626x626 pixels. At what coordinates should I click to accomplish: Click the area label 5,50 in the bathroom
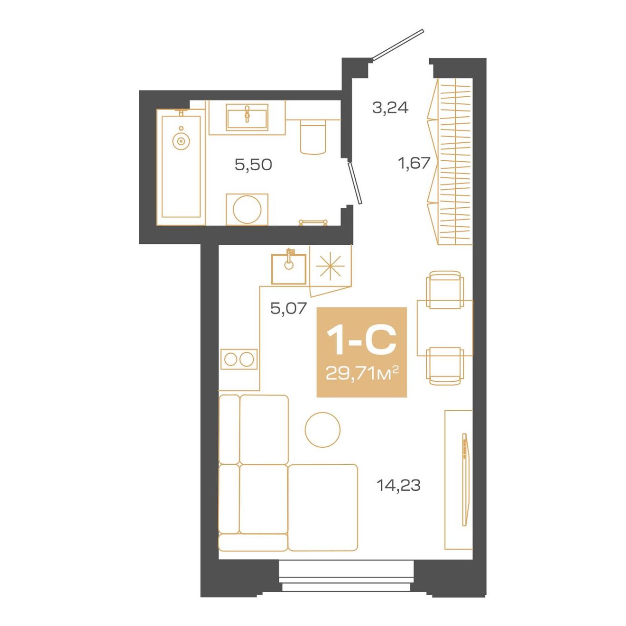tap(253, 165)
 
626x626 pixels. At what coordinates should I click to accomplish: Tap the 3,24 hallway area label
tap(390, 108)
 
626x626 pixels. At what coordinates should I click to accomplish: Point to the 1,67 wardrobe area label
tap(414, 163)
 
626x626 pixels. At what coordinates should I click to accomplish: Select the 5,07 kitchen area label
tap(288, 308)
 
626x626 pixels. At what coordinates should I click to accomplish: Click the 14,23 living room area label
tap(398, 485)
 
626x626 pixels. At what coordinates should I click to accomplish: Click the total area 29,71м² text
tap(361, 374)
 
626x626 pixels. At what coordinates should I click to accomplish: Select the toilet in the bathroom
tap(313, 137)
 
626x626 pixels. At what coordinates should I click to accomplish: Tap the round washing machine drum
tap(247, 209)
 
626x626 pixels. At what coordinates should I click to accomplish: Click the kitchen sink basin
tap(288, 269)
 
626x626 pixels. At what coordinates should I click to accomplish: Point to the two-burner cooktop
tap(239, 359)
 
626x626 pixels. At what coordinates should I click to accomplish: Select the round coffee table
tap(322, 429)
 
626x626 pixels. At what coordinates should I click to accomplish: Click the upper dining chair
tap(444, 289)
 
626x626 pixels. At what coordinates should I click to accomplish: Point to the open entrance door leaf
tap(397, 45)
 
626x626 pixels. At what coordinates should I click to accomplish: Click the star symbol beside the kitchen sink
tap(330, 267)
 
